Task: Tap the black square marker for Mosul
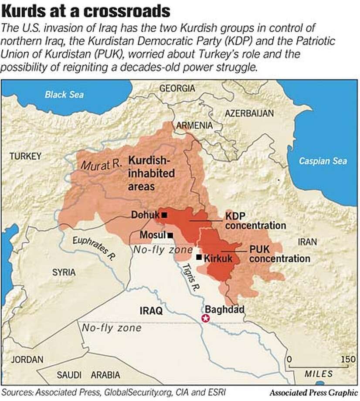[x=170, y=235]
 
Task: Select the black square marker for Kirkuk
[x=199, y=257]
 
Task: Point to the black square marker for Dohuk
[x=164, y=215]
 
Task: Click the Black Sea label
[x=64, y=95]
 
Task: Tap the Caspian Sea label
[x=323, y=161]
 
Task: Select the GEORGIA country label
[x=177, y=88]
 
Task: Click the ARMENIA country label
[x=194, y=126]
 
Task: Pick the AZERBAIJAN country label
[x=249, y=113]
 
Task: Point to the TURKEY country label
[x=26, y=156]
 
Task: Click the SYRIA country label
[x=64, y=272]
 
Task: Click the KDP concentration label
[x=255, y=221]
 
